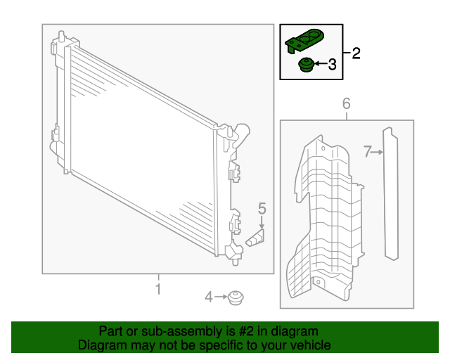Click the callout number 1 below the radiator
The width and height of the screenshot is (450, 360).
(157, 289)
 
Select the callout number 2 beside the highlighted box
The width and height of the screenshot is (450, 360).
(356, 53)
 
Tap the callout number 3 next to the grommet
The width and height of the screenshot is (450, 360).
(332, 65)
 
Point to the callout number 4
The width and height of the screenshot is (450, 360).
(208, 298)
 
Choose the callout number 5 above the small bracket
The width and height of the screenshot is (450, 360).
(262, 208)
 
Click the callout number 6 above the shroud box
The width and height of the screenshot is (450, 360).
(346, 104)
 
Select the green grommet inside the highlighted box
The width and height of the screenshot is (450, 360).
(306, 66)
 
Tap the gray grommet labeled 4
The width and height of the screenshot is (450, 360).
(236, 298)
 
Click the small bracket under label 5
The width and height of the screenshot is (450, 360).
(256, 240)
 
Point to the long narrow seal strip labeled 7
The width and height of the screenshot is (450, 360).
(390, 193)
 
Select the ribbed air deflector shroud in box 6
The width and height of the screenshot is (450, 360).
(323, 218)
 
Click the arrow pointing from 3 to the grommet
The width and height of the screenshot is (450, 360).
(319, 65)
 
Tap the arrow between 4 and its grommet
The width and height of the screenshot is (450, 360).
(221, 298)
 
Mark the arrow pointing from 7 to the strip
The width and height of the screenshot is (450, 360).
(377, 151)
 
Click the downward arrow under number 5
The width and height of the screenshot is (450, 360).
(262, 221)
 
